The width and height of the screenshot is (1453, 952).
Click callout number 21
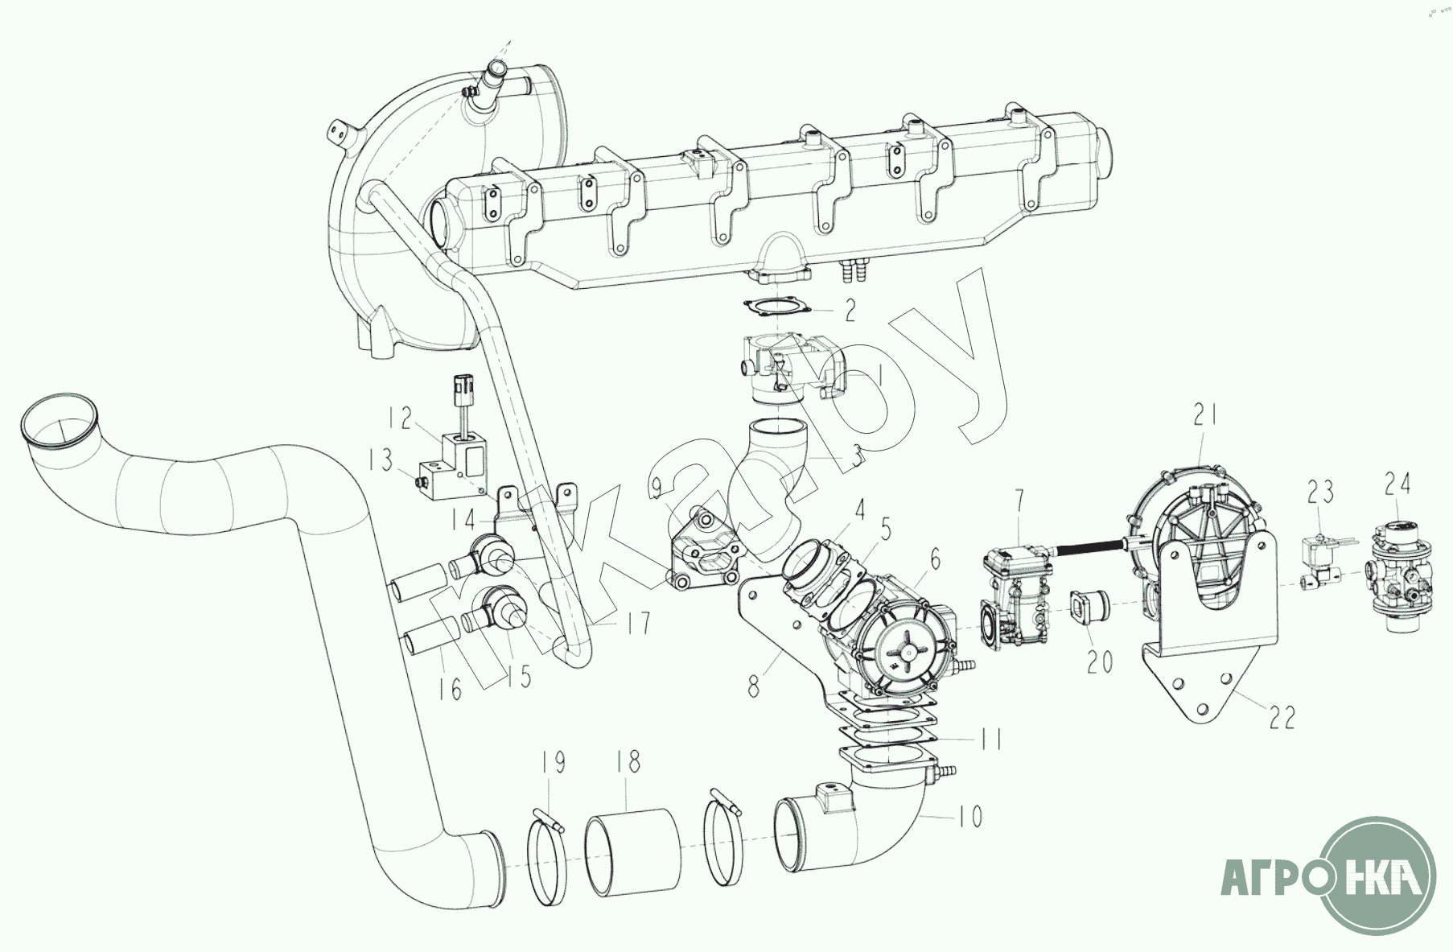(1204, 416)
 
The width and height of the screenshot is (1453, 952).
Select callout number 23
(1320, 490)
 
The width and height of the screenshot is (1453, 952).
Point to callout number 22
(1282, 717)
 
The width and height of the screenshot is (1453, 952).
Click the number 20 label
(1100, 661)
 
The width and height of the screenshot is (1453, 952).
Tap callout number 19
(554, 762)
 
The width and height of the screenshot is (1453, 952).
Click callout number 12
(400, 418)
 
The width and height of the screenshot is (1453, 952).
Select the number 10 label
(969, 818)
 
